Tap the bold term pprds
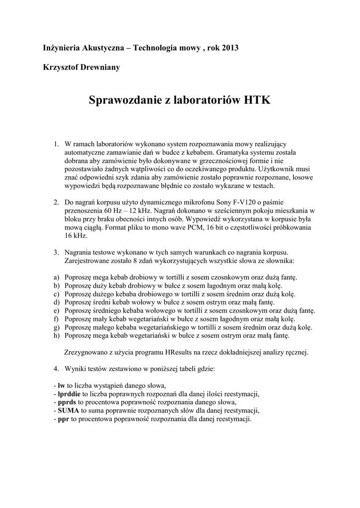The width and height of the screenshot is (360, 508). pyautogui.click(x=67, y=402)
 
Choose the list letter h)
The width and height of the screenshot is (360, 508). pyautogui.click(x=56, y=335)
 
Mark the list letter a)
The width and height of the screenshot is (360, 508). pyautogui.click(x=56, y=276)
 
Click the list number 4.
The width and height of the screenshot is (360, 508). pyautogui.click(x=56, y=369)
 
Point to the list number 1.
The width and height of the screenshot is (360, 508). pyautogui.click(x=56, y=144)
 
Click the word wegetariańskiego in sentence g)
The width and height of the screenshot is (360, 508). pyautogui.click(x=153, y=327)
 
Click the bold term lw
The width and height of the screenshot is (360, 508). pyautogui.click(x=62, y=385)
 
